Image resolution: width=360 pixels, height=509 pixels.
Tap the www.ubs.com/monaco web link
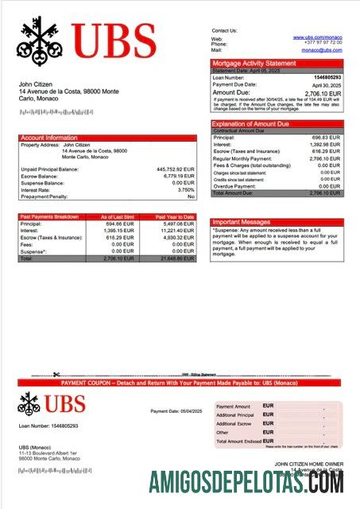(x=317, y=37)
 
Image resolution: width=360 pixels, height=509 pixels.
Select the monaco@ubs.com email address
(x=321, y=49)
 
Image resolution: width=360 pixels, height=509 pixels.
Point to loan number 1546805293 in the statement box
(x=325, y=78)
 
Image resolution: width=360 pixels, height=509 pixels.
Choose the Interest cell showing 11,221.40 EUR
(x=178, y=231)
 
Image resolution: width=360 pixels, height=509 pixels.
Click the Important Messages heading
(x=241, y=222)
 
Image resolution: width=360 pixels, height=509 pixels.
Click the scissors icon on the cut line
(x=56, y=375)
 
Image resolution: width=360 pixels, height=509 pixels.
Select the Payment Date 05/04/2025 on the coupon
(x=176, y=411)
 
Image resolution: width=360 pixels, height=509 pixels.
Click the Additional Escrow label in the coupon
(x=234, y=424)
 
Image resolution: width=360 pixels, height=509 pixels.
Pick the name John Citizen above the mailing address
(x=36, y=84)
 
